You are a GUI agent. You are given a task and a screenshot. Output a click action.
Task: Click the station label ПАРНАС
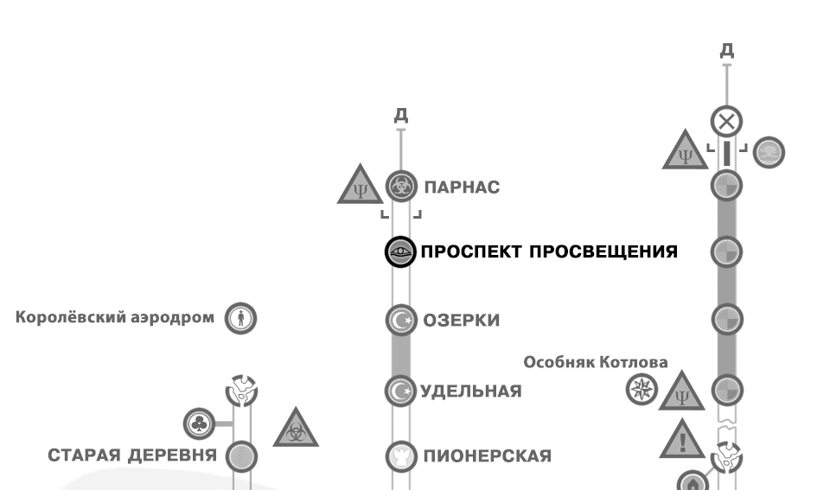pos(460,187)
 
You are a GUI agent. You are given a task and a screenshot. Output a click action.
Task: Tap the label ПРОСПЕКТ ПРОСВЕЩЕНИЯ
pos(548,251)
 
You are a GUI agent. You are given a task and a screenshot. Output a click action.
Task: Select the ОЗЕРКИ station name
pos(460,321)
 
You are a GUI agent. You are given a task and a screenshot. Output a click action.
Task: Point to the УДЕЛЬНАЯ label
pos(470,391)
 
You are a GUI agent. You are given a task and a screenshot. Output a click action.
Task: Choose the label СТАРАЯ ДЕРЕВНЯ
pos(131,456)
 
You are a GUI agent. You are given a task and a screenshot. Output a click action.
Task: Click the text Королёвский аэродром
pos(114,317)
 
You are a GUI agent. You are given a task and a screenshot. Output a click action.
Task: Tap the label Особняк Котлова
pos(596,362)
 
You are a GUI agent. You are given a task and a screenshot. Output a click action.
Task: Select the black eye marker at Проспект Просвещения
pos(399,252)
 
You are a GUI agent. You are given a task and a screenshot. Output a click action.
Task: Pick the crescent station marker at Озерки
pos(399,320)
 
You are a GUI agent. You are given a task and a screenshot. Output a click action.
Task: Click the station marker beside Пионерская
pos(399,455)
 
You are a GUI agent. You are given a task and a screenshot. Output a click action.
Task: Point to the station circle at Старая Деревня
pos(241,455)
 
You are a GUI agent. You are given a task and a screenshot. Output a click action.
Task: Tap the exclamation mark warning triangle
pos(683,441)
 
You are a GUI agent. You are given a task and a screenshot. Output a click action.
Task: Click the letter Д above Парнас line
pos(399,116)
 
